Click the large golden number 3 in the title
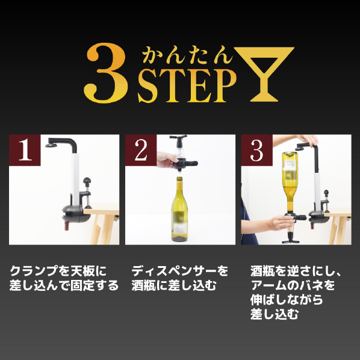pyautogui.click(x=106, y=73)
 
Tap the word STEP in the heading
pyautogui.click(x=187, y=86)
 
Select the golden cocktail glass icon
pyautogui.click(x=264, y=74)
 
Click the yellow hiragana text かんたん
pyautogui.click(x=188, y=55)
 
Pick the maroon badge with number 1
pyautogui.click(x=25, y=150)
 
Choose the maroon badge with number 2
pyautogui.click(x=141, y=150)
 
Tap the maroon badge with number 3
pyautogui.click(x=256, y=150)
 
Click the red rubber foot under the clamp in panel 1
pyautogui.click(x=67, y=226)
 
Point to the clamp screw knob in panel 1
pyautogui.click(x=87, y=181)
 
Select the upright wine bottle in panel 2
pyautogui.click(x=179, y=209)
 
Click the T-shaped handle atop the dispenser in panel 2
pyautogui.click(x=178, y=137)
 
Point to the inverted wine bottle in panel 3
pyautogui.click(x=290, y=182)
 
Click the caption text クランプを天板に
pyautogui.click(x=58, y=271)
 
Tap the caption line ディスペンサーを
pyautogui.click(x=180, y=271)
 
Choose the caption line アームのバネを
pyautogui.click(x=293, y=285)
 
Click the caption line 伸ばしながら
pyautogui.click(x=287, y=300)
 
